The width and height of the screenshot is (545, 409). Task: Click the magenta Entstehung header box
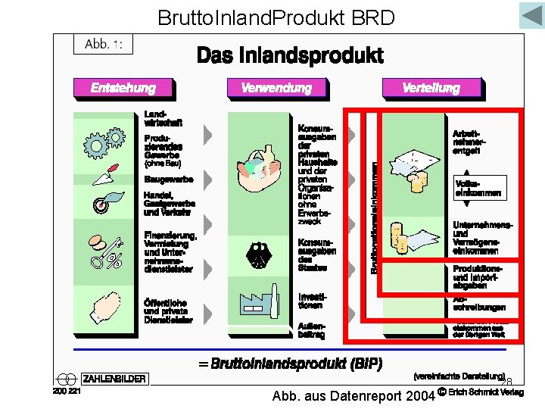point(122,88)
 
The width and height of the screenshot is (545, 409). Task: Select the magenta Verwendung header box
point(276,88)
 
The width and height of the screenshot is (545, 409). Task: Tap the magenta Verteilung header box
point(431,88)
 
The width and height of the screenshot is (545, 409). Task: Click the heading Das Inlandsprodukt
point(290,55)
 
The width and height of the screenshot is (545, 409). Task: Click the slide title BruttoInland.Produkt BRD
point(276,17)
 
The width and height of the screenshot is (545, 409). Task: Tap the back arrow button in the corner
point(531,16)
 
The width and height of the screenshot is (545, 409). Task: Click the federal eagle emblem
point(259,252)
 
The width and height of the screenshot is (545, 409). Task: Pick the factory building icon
point(260,302)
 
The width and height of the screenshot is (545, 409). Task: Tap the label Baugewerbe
point(169,180)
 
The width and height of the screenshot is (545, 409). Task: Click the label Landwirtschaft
point(163,117)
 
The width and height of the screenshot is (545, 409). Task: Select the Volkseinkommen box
point(477,189)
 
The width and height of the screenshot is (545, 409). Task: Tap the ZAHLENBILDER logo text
point(114,379)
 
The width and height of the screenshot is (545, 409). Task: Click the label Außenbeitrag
point(312,330)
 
